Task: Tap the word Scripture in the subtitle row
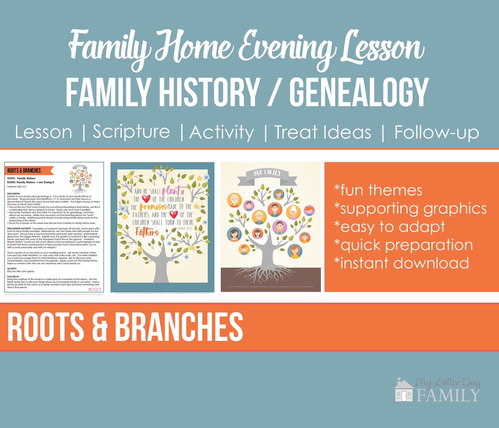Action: click(131, 132)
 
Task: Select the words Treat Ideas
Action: click(323, 132)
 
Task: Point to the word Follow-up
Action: click(436, 132)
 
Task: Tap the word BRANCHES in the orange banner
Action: click(179, 327)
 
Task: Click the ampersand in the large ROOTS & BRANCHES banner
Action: click(100, 327)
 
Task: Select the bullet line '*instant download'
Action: click(402, 263)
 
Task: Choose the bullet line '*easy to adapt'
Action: click(390, 227)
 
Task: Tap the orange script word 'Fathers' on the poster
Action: click(147, 232)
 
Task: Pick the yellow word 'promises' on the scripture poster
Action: click(153, 207)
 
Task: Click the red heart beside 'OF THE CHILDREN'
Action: click(146, 199)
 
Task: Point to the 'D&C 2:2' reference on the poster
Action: click(185, 228)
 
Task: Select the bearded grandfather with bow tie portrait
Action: click(234, 200)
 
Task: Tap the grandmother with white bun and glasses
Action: click(293, 212)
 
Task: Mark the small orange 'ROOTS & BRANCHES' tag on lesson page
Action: click(29, 170)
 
